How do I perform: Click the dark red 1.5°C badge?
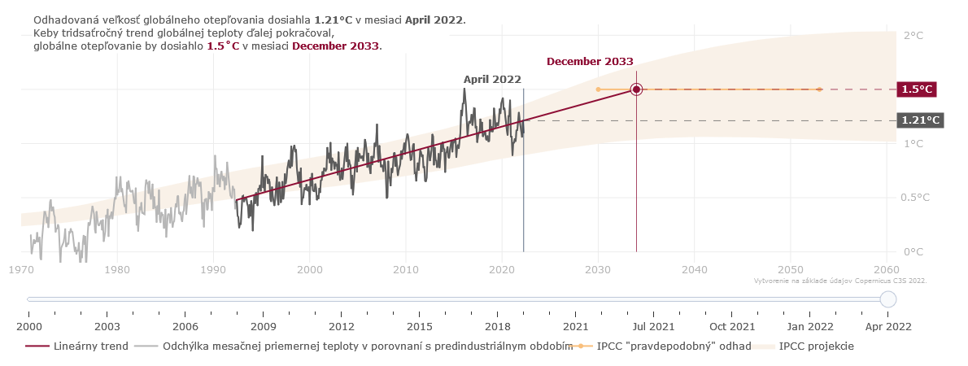pyautogui.click(x=916, y=89)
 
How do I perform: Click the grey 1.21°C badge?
pyautogui.click(x=919, y=120)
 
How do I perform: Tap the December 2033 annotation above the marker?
pyautogui.click(x=590, y=62)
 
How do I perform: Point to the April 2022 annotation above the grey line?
pyautogui.click(x=492, y=80)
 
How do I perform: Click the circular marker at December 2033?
pyautogui.click(x=636, y=89)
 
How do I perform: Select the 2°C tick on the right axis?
pyautogui.click(x=913, y=35)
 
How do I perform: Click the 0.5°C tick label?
pyautogui.click(x=916, y=198)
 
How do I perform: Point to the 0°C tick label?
pyautogui.click(x=913, y=252)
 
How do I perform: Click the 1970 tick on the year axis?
pyautogui.click(x=21, y=269)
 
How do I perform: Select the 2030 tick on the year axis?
pyautogui.click(x=598, y=269)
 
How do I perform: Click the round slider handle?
pyautogui.click(x=888, y=299)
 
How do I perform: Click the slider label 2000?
pyautogui.click(x=28, y=326)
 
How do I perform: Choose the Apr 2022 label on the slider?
pyautogui.click(x=888, y=326)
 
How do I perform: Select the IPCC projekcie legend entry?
pyautogui.click(x=816, y=346)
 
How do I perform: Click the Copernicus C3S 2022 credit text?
pyautogui.click(x=840, y=281)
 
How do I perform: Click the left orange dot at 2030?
pyautogui.click(x=598, y=89)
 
